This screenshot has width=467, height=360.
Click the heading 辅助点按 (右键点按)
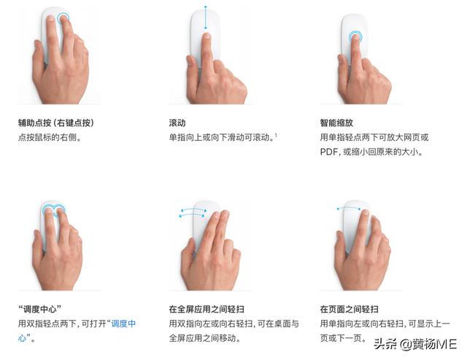pos(56,122)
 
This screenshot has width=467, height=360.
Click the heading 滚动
pos(177,122)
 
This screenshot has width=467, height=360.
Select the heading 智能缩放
pos(336,122)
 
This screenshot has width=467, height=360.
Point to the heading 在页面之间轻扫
pos(350,309)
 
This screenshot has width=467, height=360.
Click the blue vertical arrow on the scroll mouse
pos(206,18)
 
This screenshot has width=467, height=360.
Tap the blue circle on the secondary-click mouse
pos(63,18)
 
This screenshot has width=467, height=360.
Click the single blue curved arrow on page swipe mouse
pos(351,209)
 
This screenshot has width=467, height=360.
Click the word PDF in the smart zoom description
pos(328,153)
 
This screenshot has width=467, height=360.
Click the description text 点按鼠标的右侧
pos(49,137)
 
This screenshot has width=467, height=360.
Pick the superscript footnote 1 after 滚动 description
pos(277,135)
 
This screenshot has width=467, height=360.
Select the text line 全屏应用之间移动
pos(204,339)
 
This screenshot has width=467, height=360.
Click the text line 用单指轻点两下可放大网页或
pos(374,137)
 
